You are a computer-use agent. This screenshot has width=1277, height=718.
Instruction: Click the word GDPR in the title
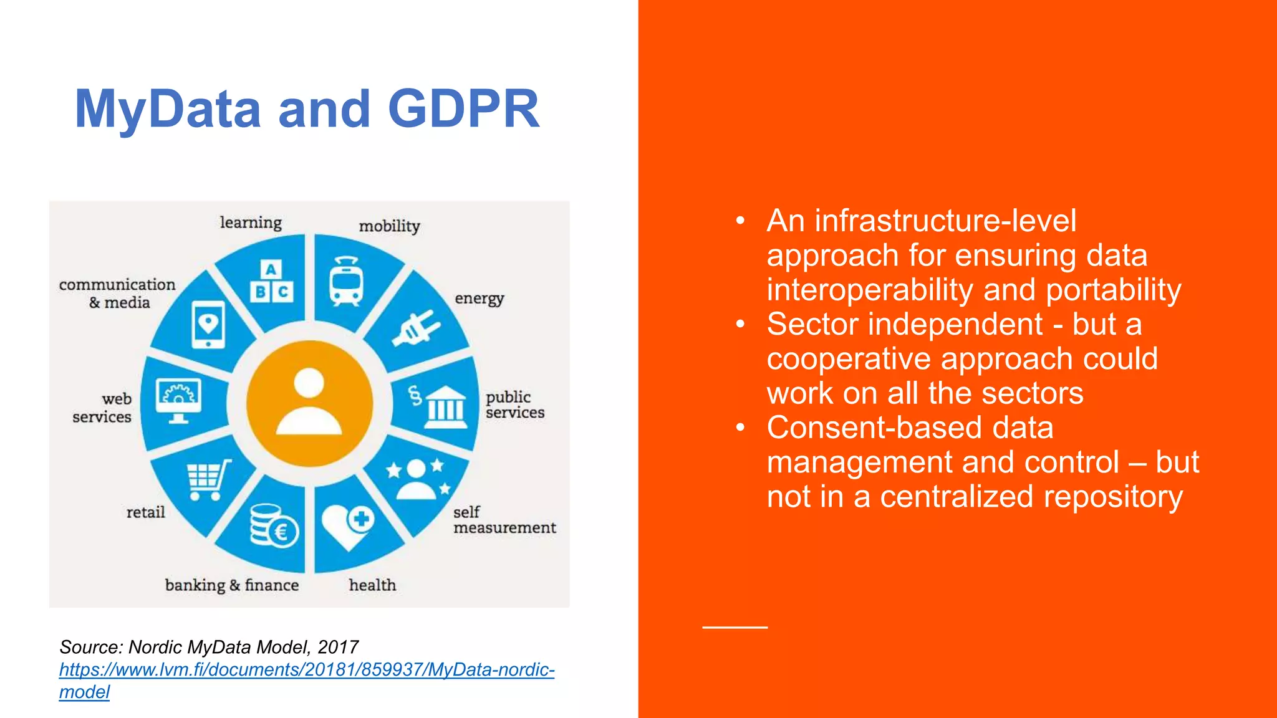463,109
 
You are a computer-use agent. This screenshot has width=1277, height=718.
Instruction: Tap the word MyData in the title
167,109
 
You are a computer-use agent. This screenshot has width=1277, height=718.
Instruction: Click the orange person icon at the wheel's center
309,403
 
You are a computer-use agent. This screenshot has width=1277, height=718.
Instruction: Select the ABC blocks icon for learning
272,282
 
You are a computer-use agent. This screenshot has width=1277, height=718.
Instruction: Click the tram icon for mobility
346,281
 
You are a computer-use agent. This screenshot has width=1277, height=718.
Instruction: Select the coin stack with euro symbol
273,526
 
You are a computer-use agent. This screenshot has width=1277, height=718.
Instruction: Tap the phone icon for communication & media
208,325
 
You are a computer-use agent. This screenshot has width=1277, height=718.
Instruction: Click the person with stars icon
417,479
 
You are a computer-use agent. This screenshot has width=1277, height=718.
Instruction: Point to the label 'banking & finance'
231,585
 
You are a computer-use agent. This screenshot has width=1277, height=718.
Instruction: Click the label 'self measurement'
504,520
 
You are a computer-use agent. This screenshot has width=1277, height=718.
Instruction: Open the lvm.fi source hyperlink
306,670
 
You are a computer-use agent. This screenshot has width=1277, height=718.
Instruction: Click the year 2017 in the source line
337,647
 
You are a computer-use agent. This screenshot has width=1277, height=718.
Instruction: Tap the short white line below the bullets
735,627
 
